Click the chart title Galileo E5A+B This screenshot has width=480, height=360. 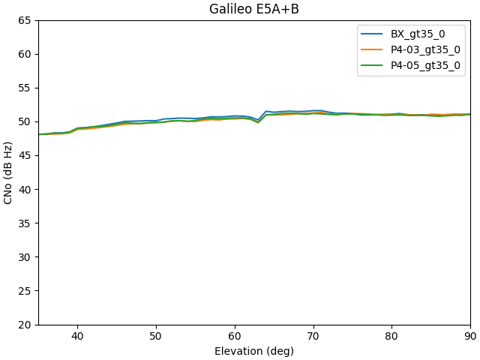point(254,9)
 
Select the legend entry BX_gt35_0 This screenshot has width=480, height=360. point(418,34)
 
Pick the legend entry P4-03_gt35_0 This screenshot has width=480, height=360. point(425,49)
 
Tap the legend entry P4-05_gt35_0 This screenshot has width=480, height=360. point(425,65)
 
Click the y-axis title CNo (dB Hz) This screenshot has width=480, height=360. point(9,172)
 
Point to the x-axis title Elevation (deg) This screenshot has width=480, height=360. point(254,351)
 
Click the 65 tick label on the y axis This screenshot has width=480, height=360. point(24,20)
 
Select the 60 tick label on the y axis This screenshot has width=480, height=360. point(24,54)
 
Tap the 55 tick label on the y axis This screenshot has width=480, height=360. point(24,88)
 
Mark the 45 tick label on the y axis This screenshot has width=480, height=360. point(24,155)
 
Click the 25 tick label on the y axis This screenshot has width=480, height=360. point(24,290)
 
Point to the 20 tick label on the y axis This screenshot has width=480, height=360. point(24,324)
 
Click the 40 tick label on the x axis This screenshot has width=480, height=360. point(77,337)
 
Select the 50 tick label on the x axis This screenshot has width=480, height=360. point(156,337)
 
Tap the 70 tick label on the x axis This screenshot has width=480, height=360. point(313,337)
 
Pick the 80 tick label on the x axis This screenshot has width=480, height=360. point(391,337)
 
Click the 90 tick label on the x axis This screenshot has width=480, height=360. point(470,337)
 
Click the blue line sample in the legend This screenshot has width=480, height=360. point(373,34)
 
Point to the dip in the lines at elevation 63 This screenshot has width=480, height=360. point(258,121)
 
